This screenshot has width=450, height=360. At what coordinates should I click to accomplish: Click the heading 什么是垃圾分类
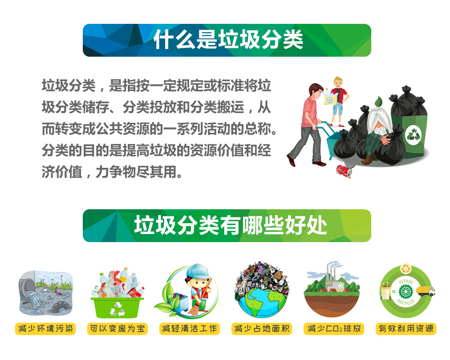pyautogui.click(x=228, y=40)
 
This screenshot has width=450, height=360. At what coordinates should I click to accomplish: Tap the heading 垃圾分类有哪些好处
pyautogui.click(x=230, y=225)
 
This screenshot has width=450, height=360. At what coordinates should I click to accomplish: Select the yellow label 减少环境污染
pyautogui.click(x=45, y=328)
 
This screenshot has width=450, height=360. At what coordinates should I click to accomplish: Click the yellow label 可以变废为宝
pyautogui.click(x=117, y=328)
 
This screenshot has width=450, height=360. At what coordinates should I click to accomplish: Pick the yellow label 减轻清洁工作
pyautogui.click(x=189, y=328)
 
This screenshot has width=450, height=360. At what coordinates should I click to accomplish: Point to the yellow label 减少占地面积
pyautogui.click(x=262, y=328)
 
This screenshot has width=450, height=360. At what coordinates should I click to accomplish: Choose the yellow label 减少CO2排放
pyautogui.click(x=334, y=328)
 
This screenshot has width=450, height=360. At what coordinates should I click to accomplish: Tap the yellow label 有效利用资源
pyautogui.click(x=406, y=328)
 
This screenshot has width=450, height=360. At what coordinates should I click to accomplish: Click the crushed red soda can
pyautogui.click(x=344, y=171)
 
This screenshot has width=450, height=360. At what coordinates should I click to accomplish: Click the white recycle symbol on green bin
pyautogui.click(x=413, y=135)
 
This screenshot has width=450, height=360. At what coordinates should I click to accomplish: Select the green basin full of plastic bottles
pyautogui.click(x=117, y=307)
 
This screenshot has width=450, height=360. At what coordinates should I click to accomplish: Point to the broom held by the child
pyautogui.click(x=198, y=301)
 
